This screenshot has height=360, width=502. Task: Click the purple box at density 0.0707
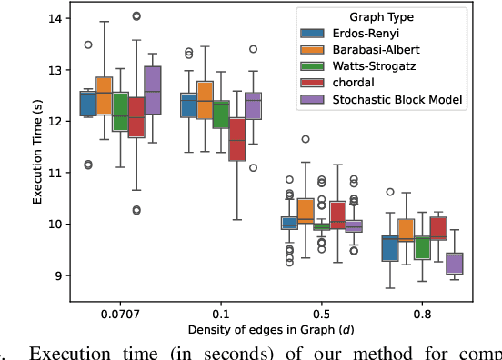(153, 90)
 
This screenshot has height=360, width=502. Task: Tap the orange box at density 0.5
(306, 211)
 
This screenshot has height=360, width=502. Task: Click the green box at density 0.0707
(120, 112)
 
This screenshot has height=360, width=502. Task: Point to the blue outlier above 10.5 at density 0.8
(389, 192)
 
